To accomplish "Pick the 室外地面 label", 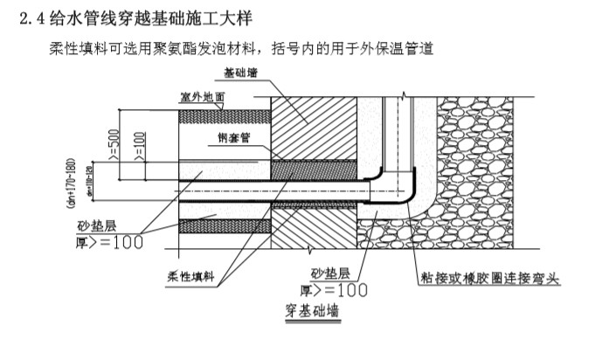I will [x=202, y=97].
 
